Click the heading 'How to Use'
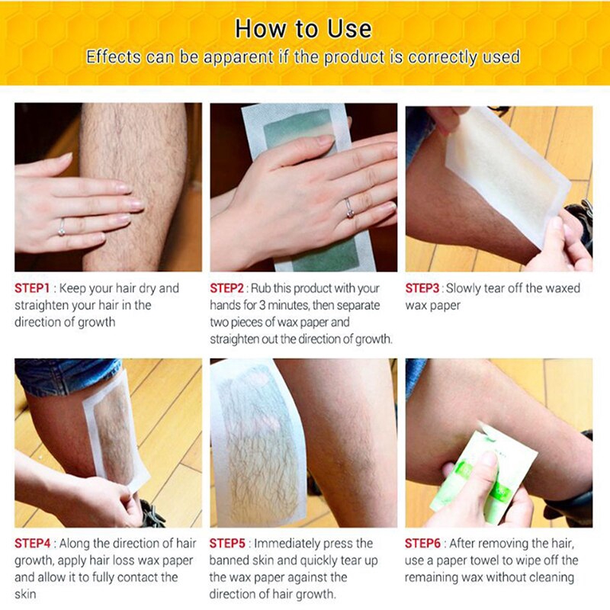click(x=303, y=29)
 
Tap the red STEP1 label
click(x=32, y=288)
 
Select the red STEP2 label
click(x=226, y=288)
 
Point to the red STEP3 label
click(x=422, y=288)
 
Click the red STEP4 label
click(x=33, y=543)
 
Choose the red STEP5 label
click(x=227, y=543)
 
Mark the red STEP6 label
click(x=422, y=543)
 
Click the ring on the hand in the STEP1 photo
click(x=62, y=228)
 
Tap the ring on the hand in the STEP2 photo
click(x=348, y=208)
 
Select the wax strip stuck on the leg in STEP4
click(x=116, y=432)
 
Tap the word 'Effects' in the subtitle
click(x=113, y=56)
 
